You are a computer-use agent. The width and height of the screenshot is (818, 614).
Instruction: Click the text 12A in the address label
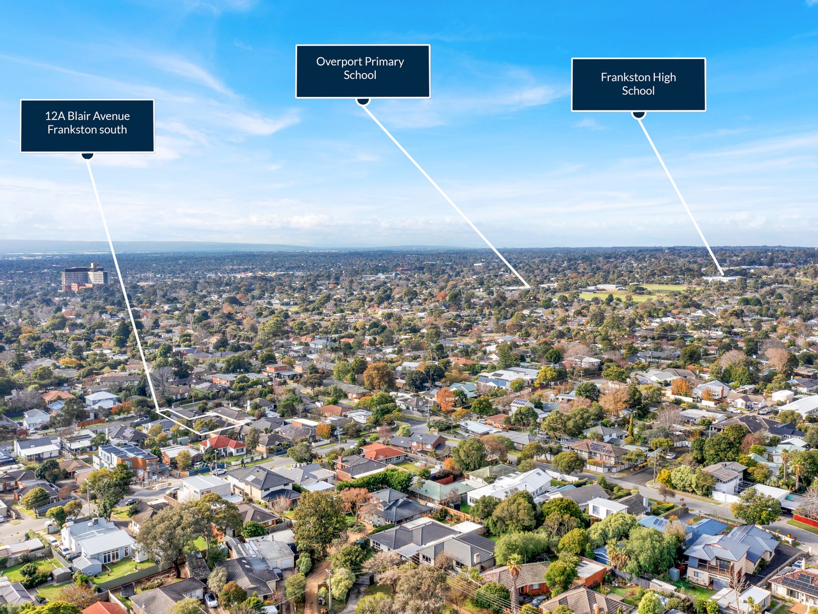pos(55,116)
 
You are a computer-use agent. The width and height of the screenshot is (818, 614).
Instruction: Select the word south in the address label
pos(114,129)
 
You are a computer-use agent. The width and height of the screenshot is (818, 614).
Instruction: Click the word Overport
pos(339,61)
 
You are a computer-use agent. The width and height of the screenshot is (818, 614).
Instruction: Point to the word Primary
pos(384,62)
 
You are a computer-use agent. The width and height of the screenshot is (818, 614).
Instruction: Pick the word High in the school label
pos(664,77)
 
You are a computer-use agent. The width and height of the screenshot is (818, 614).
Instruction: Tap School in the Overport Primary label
pos(360,75)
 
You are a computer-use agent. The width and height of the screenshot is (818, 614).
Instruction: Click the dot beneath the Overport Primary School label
pos(363,101)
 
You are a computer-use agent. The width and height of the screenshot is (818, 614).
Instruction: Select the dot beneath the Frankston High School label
pos(638,115)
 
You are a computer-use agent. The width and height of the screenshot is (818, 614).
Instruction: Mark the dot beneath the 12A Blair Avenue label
pos(87,156)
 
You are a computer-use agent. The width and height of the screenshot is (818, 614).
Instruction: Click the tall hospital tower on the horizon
pos(85,277)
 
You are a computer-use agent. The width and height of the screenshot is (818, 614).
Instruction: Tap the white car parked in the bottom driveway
pos(210,599)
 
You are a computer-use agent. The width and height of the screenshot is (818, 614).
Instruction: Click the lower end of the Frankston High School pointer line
pos(722,275)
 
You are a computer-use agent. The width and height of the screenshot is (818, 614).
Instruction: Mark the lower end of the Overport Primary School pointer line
pos(530,286)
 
